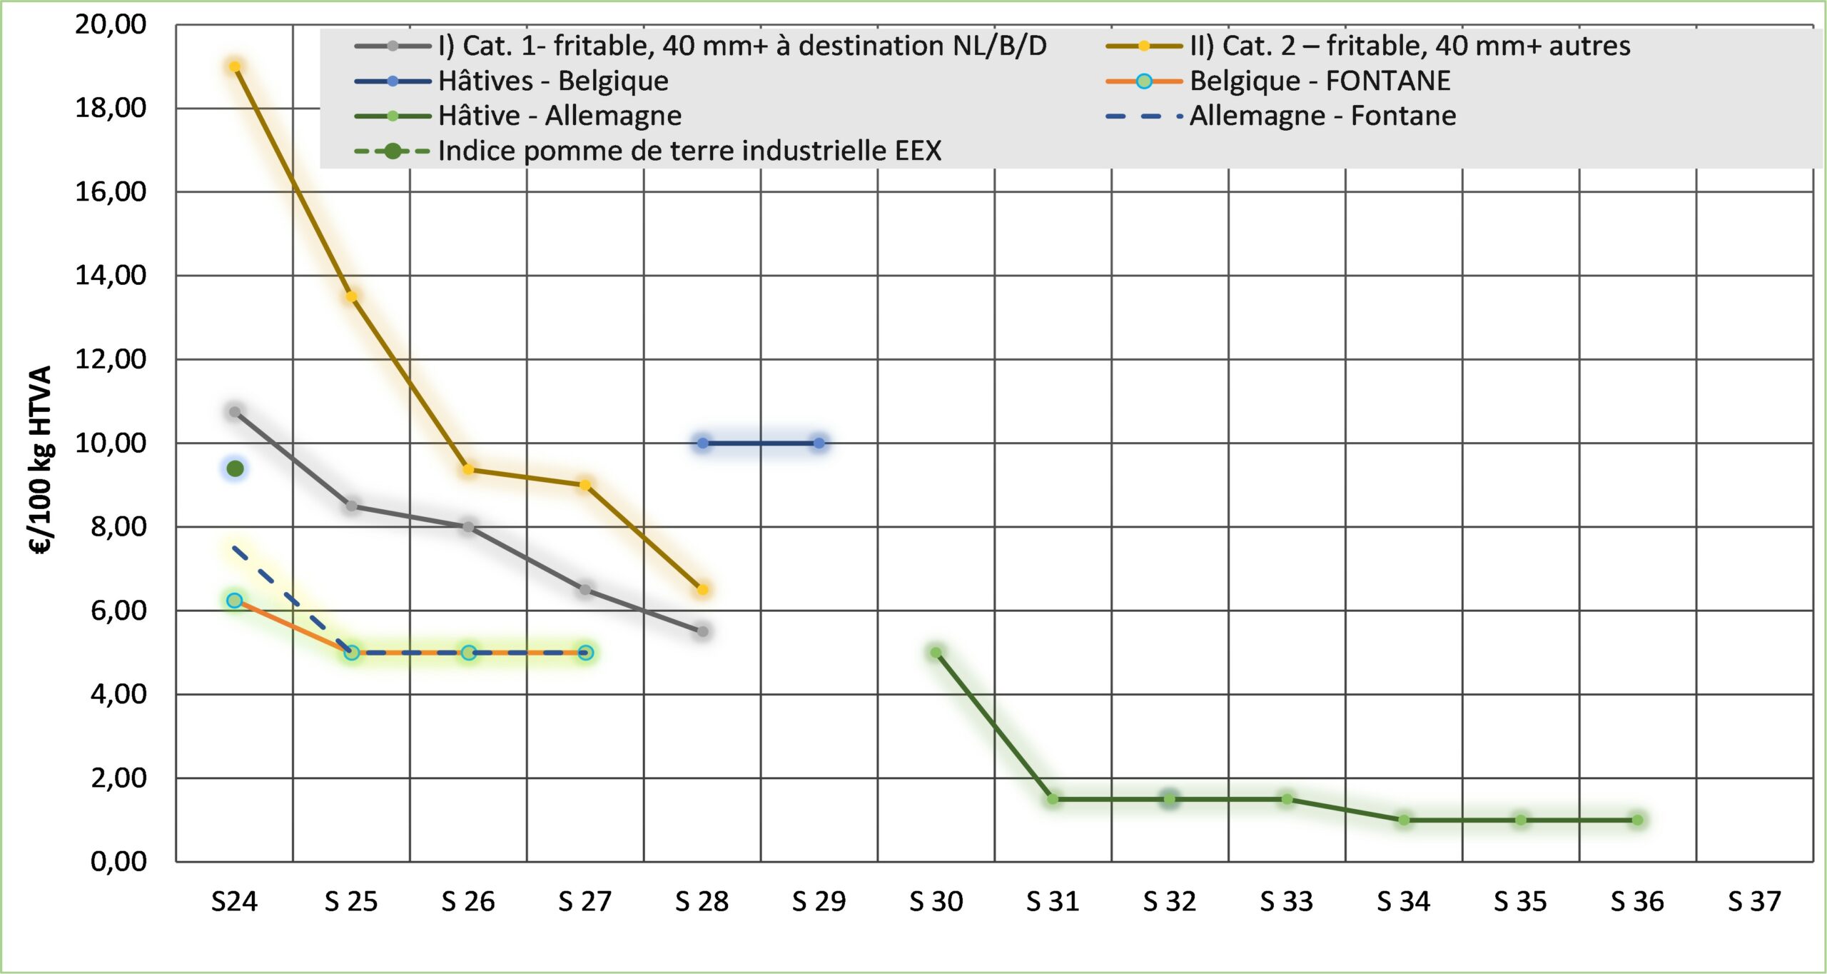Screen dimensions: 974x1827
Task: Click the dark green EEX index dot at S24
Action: tap(235, 468)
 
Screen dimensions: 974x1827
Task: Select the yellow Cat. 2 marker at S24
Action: tap(235, 67)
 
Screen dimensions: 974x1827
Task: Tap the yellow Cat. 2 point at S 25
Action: tap(351, 297)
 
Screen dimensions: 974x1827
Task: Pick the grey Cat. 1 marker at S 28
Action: tap(702, 631)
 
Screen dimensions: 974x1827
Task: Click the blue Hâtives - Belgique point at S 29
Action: tap(819, 443)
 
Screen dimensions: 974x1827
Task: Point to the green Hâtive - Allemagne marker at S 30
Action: tap(936, 653)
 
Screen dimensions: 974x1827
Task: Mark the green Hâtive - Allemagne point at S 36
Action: tap(1638, 820)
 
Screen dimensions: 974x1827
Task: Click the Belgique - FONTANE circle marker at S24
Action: tap(235, 601)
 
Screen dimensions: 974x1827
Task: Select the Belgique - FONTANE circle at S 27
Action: tap(585, 653)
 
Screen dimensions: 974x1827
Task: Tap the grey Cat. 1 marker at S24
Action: tap(235, 412)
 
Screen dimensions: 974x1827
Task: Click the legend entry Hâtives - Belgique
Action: tap(553, 81)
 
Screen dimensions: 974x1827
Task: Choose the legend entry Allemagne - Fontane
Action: tap(1322, 116)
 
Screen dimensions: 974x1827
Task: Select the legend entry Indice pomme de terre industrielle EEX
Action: tap(689, 151)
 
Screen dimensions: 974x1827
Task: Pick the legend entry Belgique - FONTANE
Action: tap(1320, 81)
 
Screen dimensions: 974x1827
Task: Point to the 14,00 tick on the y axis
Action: tap(111, 275)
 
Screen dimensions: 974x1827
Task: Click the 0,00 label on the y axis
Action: tap(118, 862)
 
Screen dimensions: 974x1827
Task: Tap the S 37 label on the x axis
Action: tap(1754, 902)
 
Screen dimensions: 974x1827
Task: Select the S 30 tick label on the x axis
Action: tap(936, 902)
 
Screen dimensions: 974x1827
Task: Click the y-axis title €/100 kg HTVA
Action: tap(41, 461)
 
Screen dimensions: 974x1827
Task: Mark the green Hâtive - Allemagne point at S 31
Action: tap(1053, 799)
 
